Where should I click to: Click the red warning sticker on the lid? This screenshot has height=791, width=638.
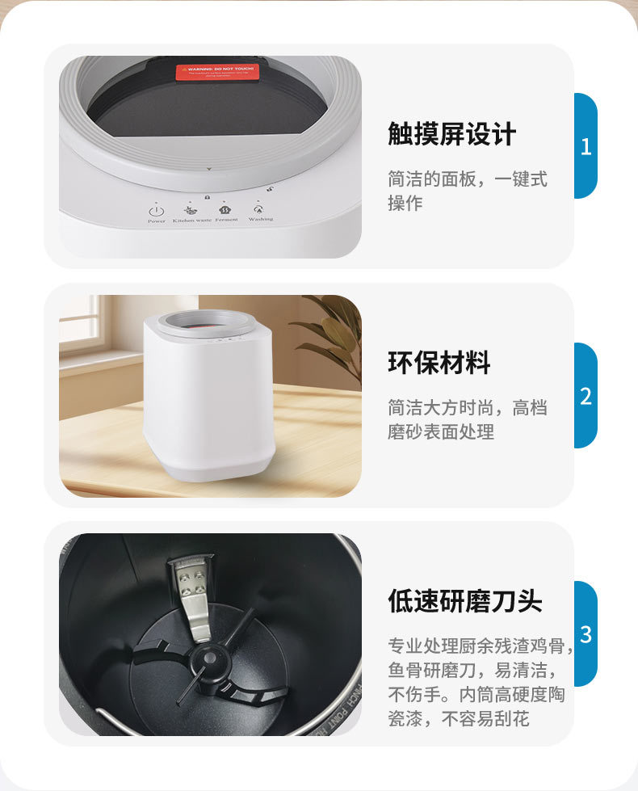tap(218, 72)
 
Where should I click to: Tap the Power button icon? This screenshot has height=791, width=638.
tap(157, 208)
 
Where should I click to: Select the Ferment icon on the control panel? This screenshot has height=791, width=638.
tap(227, 207)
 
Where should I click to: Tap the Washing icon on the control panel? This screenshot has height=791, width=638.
tap(260, 208)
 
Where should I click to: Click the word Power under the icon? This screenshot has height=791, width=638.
tap(157, 220)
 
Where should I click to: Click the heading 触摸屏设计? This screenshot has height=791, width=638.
tap(451, 134)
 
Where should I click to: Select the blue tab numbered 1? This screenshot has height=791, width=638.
tap(586, 146)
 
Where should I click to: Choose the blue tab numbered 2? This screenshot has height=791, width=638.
tap(586, 396)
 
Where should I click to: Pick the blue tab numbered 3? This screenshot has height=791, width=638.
tap(586, 634)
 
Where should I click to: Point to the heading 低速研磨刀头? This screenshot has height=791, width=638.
tap(464, 601)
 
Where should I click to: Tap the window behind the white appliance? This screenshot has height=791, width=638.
tap(80, 323)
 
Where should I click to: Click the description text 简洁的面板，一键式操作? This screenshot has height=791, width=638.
tap(467, 191)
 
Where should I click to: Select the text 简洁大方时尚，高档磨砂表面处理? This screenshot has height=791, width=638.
tap(467, 419)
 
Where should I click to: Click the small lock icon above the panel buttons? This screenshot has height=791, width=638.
tap(208, 197)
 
